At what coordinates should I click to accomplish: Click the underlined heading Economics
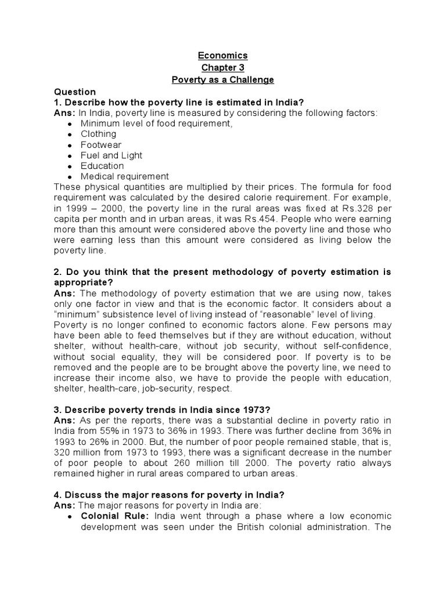click(x=223, y=56)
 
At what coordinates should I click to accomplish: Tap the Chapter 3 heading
click(x=223, y=67)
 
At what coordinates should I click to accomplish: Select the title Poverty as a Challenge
click(x=223, y=79)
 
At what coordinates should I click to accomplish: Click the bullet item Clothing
click(x=98, y=134)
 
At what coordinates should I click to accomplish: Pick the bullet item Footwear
click(x=101, y=144)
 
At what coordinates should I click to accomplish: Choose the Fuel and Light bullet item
click(x=111, y=155)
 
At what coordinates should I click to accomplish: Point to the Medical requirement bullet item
click(x=124, y=176)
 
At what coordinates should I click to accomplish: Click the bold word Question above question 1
click(x=74, y=92)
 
